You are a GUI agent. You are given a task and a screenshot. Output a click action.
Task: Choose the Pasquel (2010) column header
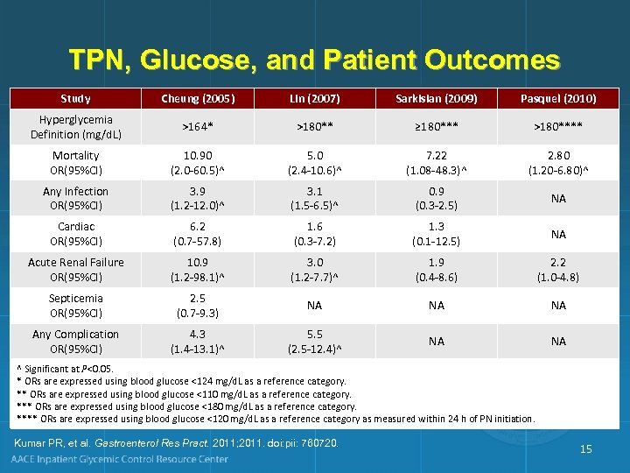tap(558, 98)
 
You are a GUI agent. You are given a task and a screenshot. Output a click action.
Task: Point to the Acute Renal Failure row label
tap(76, 270)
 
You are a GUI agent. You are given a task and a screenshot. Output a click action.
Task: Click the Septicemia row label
tap(76, 305)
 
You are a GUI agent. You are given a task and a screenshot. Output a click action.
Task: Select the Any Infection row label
tap(76, 198)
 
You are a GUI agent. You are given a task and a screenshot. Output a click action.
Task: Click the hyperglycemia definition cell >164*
tap(197, 127)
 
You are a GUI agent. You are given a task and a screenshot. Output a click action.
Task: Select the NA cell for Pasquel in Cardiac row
tap(558, 234)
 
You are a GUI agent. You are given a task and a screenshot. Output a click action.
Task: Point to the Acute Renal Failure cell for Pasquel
tap(558, 270)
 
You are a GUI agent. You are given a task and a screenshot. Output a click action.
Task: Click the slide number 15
tap(585, 449)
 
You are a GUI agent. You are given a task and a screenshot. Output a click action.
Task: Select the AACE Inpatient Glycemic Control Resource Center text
tap(119, 459)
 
